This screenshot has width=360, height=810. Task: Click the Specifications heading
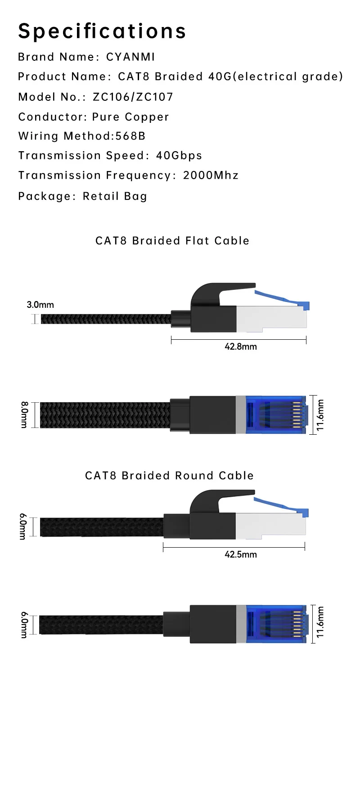(102, 31)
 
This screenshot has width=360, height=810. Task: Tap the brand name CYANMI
(130, 57)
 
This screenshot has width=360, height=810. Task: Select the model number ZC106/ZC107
(133, 97)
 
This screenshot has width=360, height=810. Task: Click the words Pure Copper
(130, 117)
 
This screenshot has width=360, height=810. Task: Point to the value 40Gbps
(179, 156)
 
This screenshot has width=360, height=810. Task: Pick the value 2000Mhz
(211, 175)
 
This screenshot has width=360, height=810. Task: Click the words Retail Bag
(115, 196)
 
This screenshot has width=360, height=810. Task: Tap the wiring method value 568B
(130, 136)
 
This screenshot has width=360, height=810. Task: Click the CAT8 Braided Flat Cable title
(172, 241)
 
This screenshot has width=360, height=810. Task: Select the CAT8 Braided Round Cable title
(170, 476)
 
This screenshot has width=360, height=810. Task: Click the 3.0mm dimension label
(40, 305)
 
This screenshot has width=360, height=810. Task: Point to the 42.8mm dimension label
(241, 346)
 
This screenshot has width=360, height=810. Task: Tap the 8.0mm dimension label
(24, 415)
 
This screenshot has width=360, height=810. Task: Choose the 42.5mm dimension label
(241, 554)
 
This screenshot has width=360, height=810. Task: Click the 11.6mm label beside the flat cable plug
(320, 415)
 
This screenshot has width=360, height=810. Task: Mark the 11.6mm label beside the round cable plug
(320, 622)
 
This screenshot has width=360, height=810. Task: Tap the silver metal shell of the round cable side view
(270, 524)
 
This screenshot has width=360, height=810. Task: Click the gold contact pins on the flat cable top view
(297, 415)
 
